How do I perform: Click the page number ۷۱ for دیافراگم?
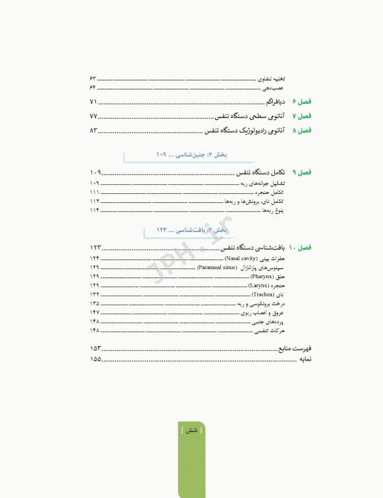pyautogui.click(x=93, y=102)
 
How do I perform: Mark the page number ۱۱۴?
pyautogui.click(x=94, y=210)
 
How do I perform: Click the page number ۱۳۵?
pyautogui.click(x=94, y=303)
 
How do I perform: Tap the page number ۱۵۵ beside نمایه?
pyautogui.click(x=95, y=359)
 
